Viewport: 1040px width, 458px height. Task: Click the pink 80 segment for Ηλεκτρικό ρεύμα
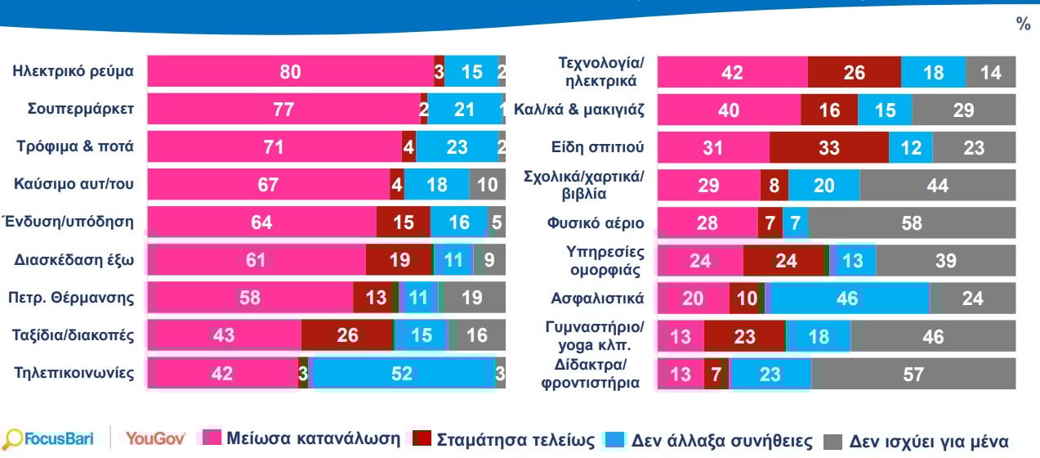291,71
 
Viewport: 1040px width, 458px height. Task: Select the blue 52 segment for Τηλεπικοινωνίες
402,373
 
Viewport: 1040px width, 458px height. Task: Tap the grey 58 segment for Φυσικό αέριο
912,222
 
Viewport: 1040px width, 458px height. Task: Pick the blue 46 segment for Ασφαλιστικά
847,298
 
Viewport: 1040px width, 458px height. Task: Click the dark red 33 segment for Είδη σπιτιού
829,147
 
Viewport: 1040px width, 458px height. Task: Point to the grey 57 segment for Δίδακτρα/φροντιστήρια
913,374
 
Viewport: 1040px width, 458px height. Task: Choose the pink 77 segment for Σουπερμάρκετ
284,109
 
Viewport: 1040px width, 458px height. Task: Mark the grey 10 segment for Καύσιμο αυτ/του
488,184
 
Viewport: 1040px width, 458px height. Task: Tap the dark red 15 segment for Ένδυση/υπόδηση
403,222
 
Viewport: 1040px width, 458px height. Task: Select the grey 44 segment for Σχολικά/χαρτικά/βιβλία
938,185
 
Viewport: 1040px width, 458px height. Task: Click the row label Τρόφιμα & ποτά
75,146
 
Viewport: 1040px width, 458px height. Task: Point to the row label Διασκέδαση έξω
74,259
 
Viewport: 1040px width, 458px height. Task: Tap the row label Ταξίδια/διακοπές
73,335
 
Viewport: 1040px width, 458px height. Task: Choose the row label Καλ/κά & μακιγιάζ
579,110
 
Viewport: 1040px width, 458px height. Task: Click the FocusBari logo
48,438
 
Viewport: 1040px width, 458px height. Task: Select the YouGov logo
155,438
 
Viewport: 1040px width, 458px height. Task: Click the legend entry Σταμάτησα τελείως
504,439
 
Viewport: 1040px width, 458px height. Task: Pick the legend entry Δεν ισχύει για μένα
916,442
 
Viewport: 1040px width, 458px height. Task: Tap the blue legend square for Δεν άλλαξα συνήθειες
614,440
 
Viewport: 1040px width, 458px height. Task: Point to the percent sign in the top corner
1024,23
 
